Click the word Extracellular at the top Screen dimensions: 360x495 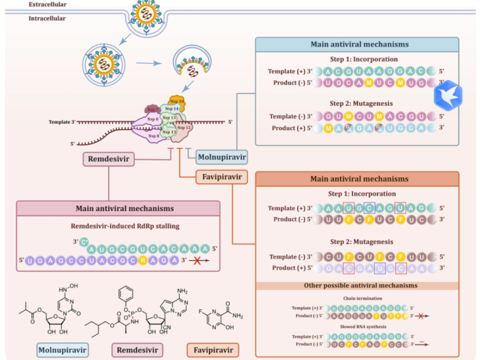pos(48,4)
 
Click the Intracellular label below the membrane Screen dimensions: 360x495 pos(48,18)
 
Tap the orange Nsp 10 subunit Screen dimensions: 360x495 pos(177,101)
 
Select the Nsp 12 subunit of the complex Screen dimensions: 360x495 pos(184,128)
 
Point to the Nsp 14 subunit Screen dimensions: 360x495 pos(172,108)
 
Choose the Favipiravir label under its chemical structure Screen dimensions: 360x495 pos(212,350)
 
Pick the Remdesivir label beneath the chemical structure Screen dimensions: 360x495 pos(137,350)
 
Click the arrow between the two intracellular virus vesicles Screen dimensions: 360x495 pos(151,63)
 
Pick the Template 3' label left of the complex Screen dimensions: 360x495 pos(62,122)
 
